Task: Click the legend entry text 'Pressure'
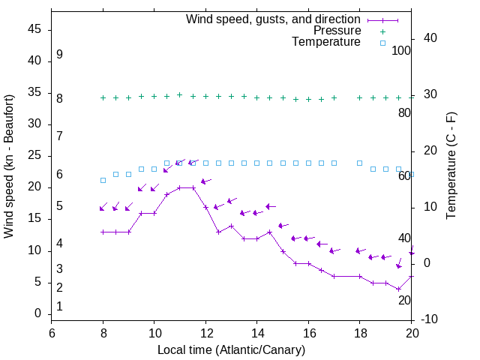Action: coord(337,31)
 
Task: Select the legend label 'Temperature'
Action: coord(326,42)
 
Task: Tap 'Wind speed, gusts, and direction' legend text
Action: coord(274,19)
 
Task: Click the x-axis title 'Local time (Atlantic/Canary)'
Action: coord(232,350)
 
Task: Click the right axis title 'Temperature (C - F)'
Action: coord(451,166)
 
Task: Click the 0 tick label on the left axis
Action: coord(38,313)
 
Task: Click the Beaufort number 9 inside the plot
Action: coord(59,55)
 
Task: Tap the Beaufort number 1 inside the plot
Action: coord(59,307)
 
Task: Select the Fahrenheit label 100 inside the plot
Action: coord(401,51)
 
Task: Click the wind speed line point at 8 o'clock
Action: coord(103,232)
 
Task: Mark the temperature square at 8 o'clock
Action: coord(103,180)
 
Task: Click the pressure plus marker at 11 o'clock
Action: coord(180,94)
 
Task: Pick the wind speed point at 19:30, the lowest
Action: coord(399,289)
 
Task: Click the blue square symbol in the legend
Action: coord(382,43)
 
